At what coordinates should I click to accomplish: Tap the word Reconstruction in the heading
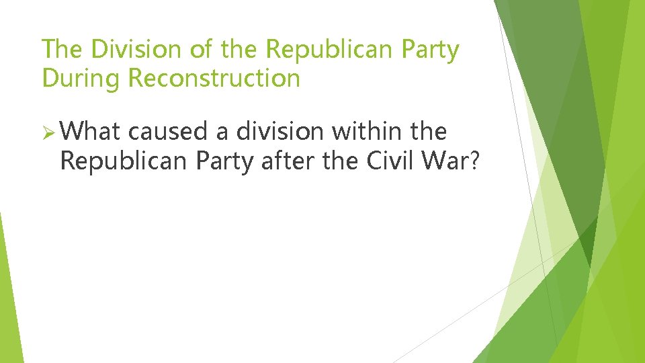[214, 79]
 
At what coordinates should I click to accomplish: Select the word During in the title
[81, 79]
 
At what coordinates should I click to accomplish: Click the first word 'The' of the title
[62, 50]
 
